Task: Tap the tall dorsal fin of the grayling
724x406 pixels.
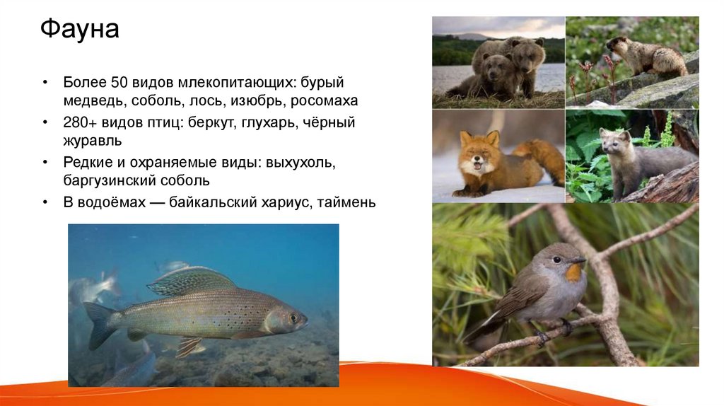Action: click(191, 280)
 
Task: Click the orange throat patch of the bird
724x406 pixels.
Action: click(574, 272)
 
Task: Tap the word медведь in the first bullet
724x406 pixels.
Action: click(91, 100)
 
